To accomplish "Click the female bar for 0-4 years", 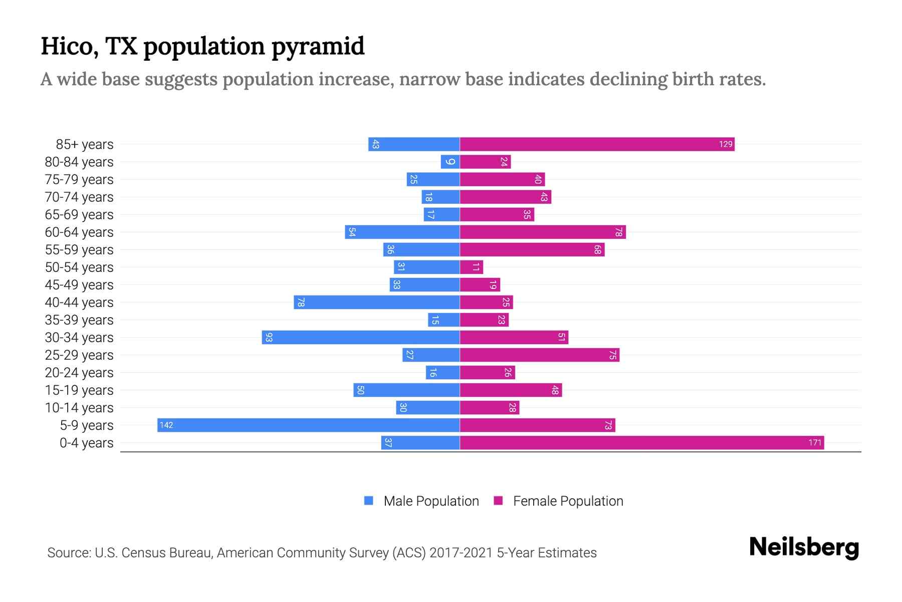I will click(x=641, y=443).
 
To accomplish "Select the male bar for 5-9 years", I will click(x=308, y=425).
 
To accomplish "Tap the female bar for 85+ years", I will click(x=596, y=144).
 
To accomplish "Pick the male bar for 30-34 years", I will click(x=361, y=338).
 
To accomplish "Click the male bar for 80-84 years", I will click(x=450, y=162).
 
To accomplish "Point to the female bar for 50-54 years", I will click(x=471, y=267).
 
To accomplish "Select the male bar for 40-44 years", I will click(x=377, y=303).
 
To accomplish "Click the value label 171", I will click(x=815, y=443).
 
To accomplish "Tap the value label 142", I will click(x=166, y=425).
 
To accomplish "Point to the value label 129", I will click(x=726, y=144).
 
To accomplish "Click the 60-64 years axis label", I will click(x=79, y=232).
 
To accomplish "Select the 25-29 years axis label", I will click(x=79, y=355).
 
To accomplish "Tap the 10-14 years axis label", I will click(x=79, y=408).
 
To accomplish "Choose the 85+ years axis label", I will click(x=85, y=144).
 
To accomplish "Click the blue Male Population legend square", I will click(x=369, y=501).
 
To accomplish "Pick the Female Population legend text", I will click(x=568, y=501).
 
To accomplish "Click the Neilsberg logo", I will click(x=804, y=547).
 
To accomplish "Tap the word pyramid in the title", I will click(x=318, y=47).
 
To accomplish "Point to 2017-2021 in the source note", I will click(x=461, y=553).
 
